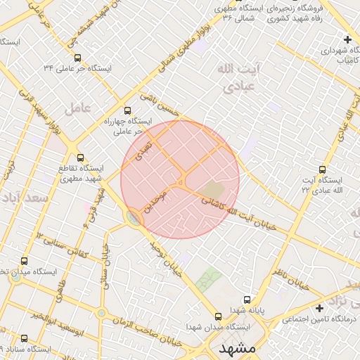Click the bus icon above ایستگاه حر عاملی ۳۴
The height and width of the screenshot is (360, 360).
pyautogui.click(x=77, y=58)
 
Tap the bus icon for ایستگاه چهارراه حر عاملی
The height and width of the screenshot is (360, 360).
pyautogui.click(x=127, y=110)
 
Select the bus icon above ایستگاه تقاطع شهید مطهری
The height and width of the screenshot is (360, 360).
pyautogui.click(x=79, y=158)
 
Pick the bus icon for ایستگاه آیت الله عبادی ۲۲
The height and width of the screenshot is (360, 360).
pyautogui.click(x=323, y=169)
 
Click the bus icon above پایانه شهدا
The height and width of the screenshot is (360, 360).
pyautogui.click(x=246, y=299)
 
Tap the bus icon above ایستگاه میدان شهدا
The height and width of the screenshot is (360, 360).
pyautogui.click(x=218, y=316)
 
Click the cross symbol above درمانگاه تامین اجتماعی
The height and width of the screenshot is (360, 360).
pyautogui.click(x=320, y=308)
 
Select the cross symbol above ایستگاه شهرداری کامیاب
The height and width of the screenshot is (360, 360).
pyautogui.click(x=348, y=39)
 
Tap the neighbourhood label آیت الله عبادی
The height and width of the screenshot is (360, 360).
pyautogui.click(x=232, y=78)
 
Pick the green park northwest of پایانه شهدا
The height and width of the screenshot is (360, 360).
pyautogui.click(x=208, y=280)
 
